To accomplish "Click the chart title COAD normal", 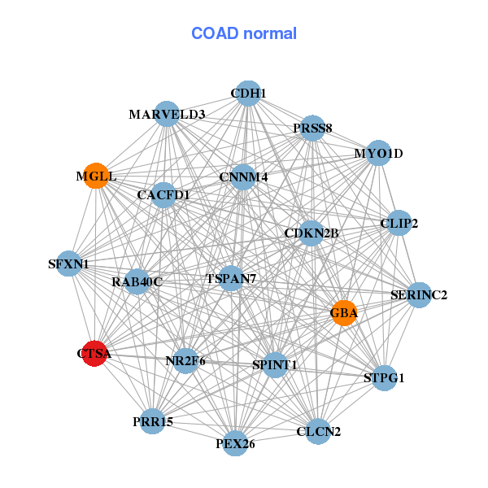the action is (243, 33).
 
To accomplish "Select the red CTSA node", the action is (95, 354).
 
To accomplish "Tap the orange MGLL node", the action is (97, 176).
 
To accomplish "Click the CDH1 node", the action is (248, 94).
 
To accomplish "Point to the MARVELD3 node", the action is (167, 115).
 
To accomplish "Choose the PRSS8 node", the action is (312, 129).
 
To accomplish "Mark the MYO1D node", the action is (378, 153).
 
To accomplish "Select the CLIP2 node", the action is (399, 223).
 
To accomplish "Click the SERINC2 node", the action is (419, 295).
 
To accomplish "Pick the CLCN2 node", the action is (318, 431).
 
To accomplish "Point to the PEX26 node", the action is (235, 443).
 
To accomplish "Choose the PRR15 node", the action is (153, 421).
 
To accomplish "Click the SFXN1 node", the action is (69, 264).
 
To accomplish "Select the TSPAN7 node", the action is (231, 279).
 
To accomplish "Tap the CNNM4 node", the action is (243, 176).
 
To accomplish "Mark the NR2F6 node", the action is (186, 360).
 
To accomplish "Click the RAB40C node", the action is (137, 282).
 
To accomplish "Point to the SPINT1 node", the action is (274, 365).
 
